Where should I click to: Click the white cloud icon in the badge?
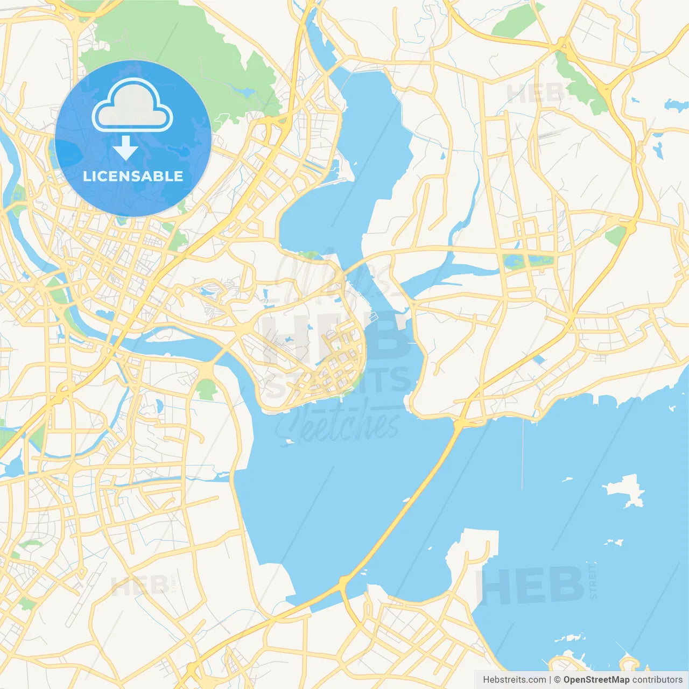coord(132,106)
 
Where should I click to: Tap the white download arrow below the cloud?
coord(125,148)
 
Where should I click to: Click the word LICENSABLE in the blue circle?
coord(133,176)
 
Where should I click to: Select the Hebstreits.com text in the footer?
coord(515,680)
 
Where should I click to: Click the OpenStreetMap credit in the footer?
coord(596,680)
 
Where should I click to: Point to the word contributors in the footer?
coord(657,680)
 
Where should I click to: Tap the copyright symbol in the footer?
coord(557,680)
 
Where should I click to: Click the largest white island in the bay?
coord(624,490)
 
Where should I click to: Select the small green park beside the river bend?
coord(206,389)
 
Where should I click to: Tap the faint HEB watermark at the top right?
coord(533,93)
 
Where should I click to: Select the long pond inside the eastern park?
coord(528,261)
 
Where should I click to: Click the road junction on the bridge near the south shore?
coord(343,581)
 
